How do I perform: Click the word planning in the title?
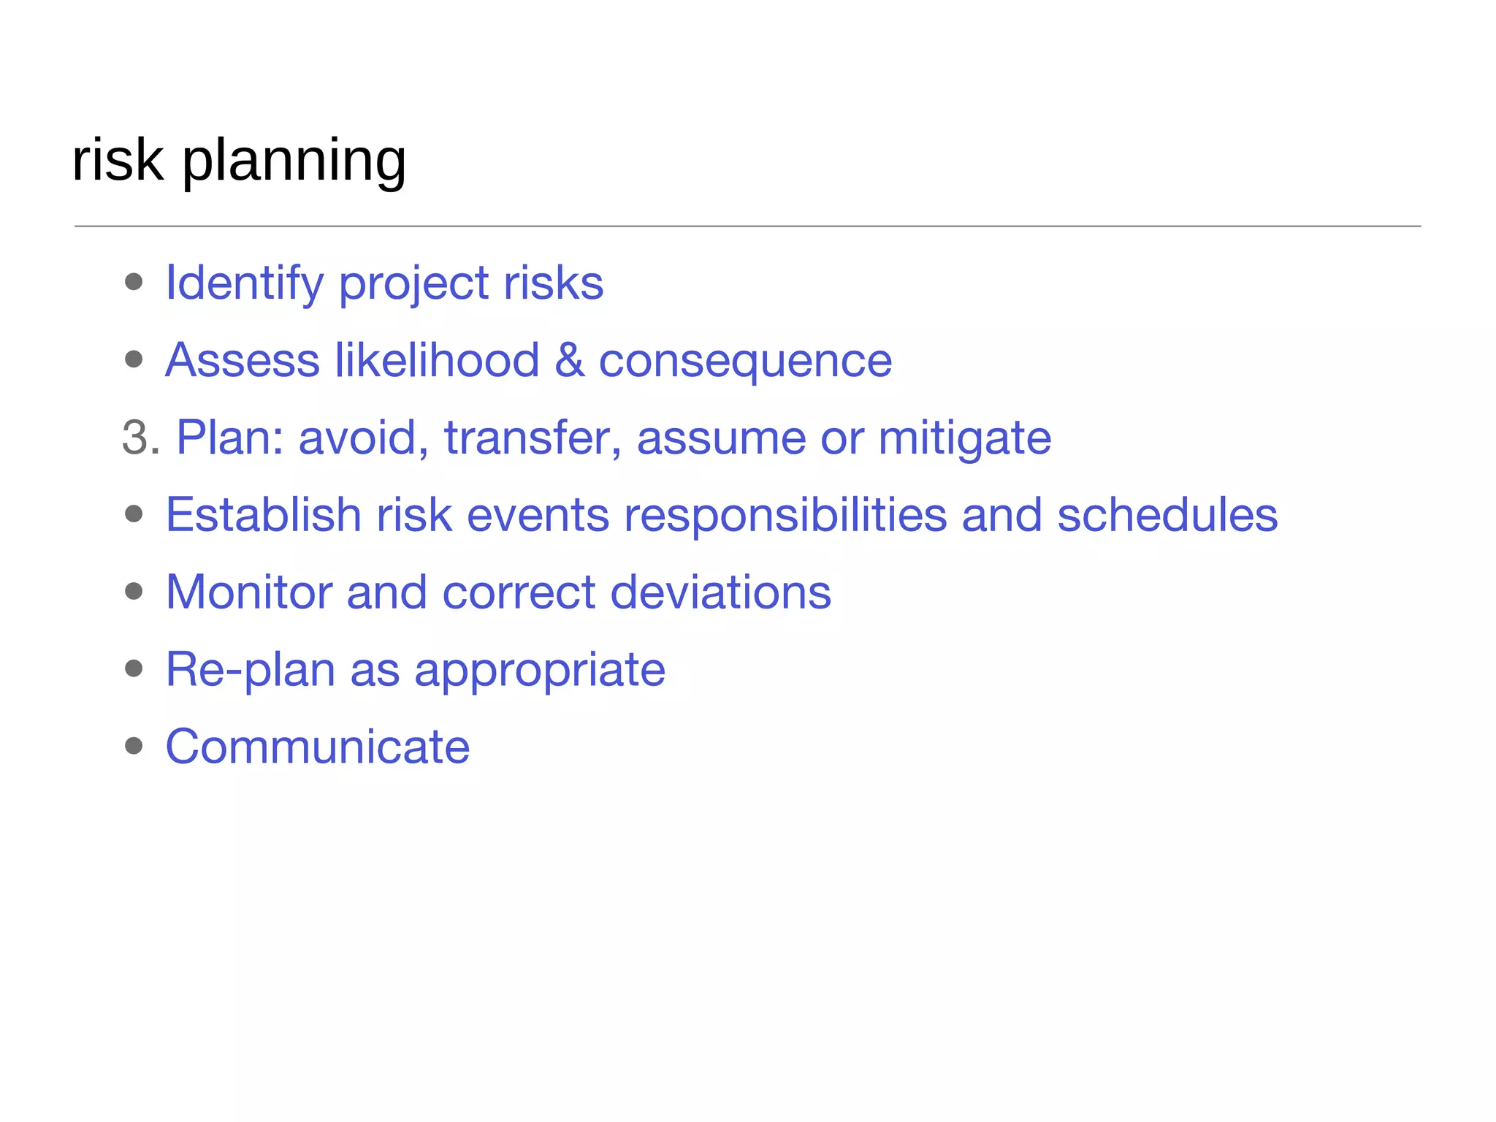click(294, 162)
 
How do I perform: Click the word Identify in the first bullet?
click(245, 283)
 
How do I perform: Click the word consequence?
click(745, 362)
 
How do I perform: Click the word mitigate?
click(964, 439)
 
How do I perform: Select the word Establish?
click(264, 515)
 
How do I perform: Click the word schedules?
click(1167, 515)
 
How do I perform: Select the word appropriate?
click(540, 671)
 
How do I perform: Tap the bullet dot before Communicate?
click(134, 746)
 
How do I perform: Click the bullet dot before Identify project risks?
click(134, 282)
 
